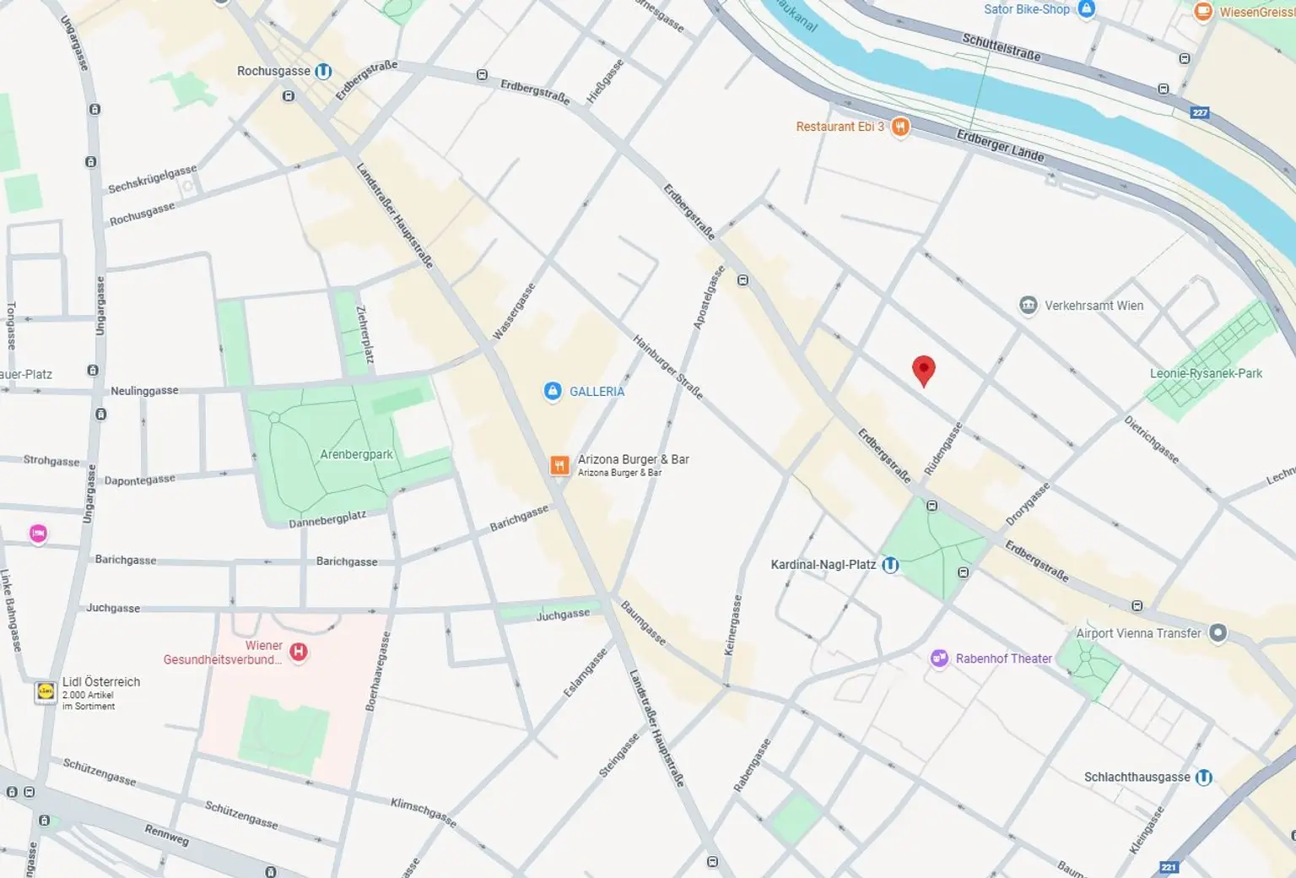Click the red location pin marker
pyautogui.click(x=924, y=370)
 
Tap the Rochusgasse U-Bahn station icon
pyautogui.click(x=323, y=72)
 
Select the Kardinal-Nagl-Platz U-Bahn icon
pyautogui.click(x=890, y=565)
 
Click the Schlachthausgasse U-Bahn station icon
pyautogui.click(x=1204, y=777)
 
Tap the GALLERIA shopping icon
pyautogui.click(x=553, y=391)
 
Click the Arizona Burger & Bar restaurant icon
pyautogui.click(x=559, y=465)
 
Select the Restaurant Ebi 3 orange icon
pyautogui.click(x=900, y=127)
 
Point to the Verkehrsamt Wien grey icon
pyautogui.click(x=1028, y=306)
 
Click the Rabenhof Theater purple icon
pyautogui.click(x=939, y=658)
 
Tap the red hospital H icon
pyautogui.click(x=299, y=652)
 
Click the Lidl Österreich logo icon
pyautogui.click(x=45, y=692)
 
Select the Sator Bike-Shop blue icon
pyautogui.click(x=1087, y=9)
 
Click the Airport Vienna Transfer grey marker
pyautogui.click(x=1218, y=633)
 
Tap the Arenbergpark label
pyautogui.click(x=356, y=454)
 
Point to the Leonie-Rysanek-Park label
pyautogui.click(x=1206, y=373)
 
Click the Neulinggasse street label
pyautogui.click(x=144, y=391)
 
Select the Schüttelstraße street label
pyautogui.click(x=1002, y=46)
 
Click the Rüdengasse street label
pyautogui.click(x=942, y=448)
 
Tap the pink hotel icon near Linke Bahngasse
pyautogui.click(x=38, y=534)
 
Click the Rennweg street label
pyautogui.click(x=166, y=835)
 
